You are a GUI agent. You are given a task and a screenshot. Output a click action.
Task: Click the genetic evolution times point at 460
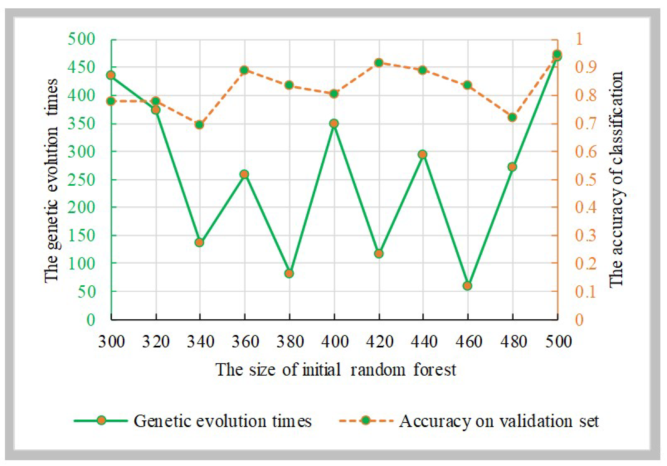pos(467,286)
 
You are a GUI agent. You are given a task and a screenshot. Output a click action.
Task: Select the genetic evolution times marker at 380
pos(289,273)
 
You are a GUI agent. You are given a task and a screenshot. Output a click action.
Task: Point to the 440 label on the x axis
pos(424,342)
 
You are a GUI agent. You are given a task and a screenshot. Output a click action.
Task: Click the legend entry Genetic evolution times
pos(222,421)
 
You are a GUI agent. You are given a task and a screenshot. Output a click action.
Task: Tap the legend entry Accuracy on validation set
pos(498,421)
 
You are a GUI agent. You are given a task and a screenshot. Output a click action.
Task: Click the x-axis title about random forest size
pos(335,370)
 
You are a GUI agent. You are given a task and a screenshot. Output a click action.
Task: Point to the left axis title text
pos(52,180)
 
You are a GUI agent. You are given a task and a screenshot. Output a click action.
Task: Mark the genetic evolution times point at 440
pos(423,154)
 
